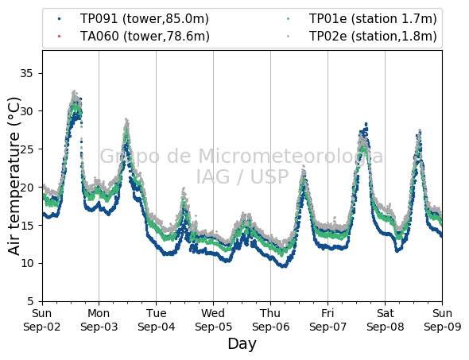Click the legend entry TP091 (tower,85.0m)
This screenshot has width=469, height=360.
[144, 19]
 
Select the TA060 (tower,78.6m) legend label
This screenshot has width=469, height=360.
[145, 37]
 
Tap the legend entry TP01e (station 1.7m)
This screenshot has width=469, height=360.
[373, 19]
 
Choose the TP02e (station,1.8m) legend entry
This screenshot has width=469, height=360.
[373, 37]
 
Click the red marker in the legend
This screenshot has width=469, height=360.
[59, 37]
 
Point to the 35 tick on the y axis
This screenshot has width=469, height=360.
[26, 73]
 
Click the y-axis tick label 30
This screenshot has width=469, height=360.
[26, 111]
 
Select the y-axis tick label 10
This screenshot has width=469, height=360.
[26, 263]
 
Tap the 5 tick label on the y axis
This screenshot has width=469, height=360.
[30, 301]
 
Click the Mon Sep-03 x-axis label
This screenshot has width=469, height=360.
[99, 320]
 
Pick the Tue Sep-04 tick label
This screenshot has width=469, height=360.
[156, 320]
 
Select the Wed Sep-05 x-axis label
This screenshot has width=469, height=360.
[213, 320]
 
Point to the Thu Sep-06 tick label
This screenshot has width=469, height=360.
[271, 320]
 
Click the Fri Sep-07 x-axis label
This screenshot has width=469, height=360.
[328, 320]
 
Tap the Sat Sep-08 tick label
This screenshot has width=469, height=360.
[386, 320]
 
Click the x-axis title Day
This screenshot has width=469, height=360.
[242, 344]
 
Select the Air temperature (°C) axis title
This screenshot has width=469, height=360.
[14, 176]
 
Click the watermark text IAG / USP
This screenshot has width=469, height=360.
[242, 176]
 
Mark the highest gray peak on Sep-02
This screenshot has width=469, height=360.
[74, 92]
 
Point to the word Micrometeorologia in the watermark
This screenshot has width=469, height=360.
[291, 156]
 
